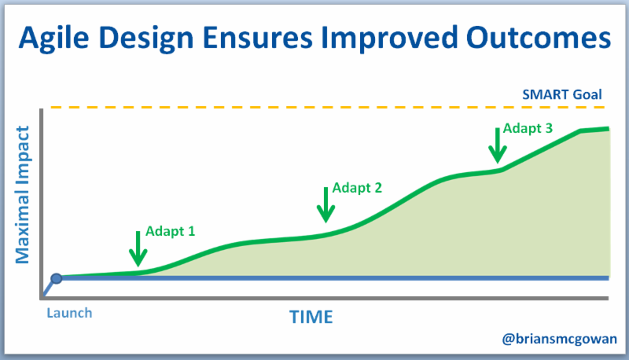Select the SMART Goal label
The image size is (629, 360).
click(561, 95)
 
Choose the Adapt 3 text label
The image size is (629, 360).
click(527, 129)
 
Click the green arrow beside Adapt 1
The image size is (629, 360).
click(138, 248)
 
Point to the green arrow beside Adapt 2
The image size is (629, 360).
click(325, 204)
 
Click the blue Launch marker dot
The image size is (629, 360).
click(57, 277)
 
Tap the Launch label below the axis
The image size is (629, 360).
click(69, 312)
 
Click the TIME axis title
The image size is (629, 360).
click(311, 317)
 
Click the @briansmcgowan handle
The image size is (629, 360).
click(560, 339)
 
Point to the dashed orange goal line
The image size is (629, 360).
click(314, 107)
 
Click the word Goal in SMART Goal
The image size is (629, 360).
click(586, 95)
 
